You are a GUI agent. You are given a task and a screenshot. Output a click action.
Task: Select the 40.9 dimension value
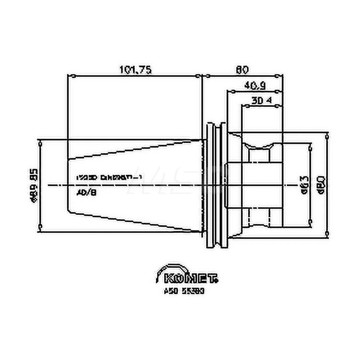[255, 86]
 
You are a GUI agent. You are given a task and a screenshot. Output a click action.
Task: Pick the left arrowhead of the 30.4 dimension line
[243, 105]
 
